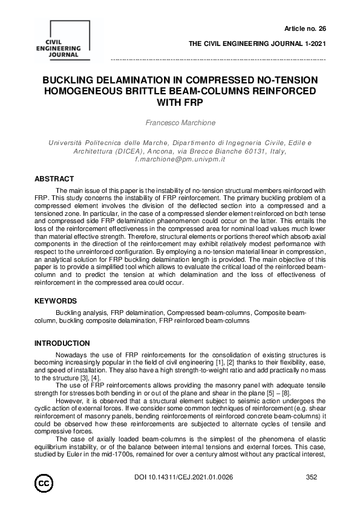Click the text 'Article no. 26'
(x=305, y=28)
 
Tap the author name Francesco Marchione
(x=180, y=122)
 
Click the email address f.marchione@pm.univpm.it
(x=180, y=159)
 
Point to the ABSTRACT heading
(x=54, y=179)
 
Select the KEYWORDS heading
(x=55, y=300)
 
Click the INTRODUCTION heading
(x=62, y=343)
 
